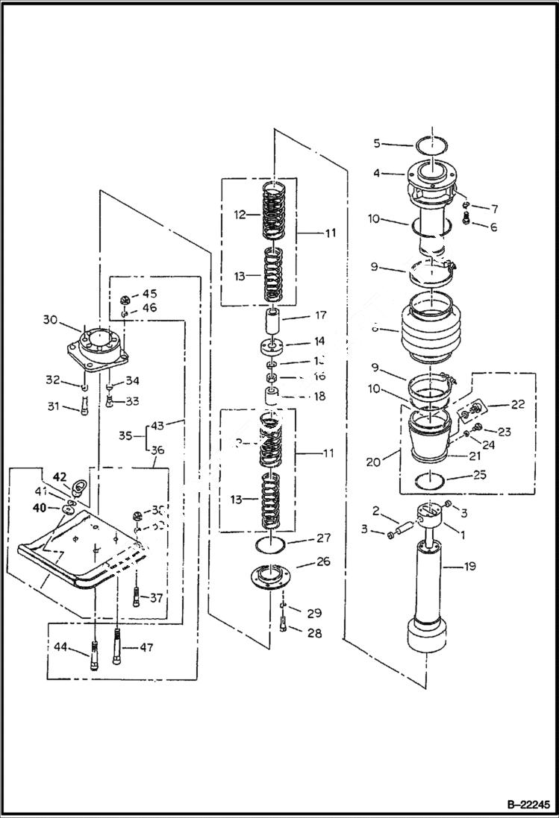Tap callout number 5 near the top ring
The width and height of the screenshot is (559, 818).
click(377, 142)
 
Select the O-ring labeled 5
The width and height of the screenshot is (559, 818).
click(434, 146)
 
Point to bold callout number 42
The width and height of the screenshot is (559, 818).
click(58, 476)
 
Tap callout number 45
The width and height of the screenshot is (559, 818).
click(149, 293)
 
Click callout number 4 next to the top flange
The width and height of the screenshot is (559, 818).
click(377, 174)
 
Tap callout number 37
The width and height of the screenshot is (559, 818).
click(154, 597)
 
